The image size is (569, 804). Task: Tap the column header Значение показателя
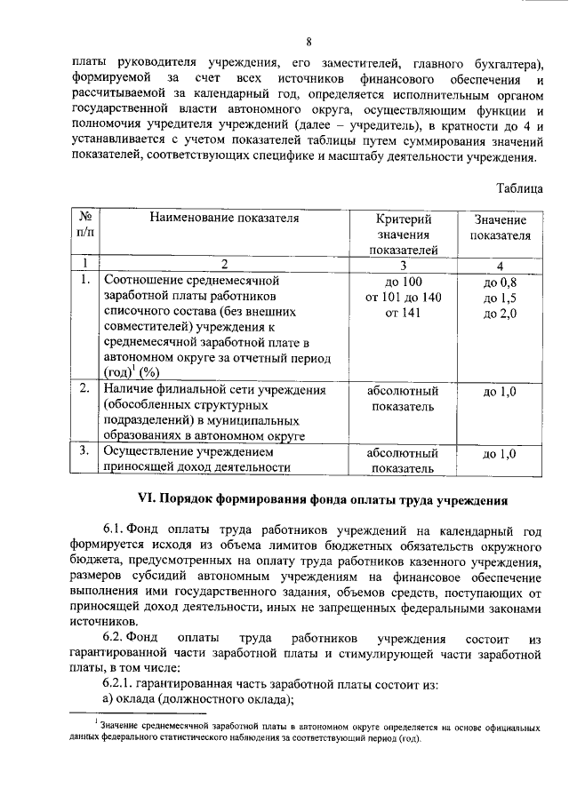click(x=500, y=227)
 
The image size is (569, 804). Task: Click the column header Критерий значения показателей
click(x=403, y=235)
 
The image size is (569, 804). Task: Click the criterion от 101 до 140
click(x=403, y=298)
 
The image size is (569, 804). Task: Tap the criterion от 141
click(x=403, y=314)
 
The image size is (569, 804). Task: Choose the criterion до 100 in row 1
click(x=403, y=282)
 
